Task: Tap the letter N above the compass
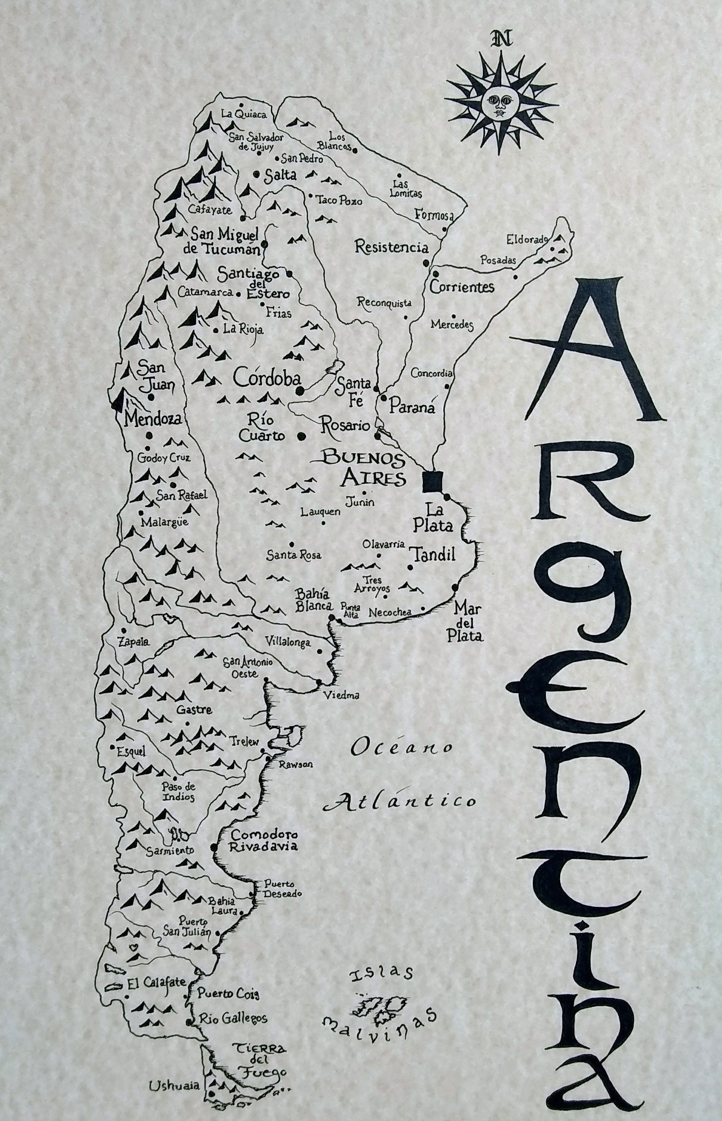pos(501,39)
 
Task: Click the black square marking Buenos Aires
pos(432,482)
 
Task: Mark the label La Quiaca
pos(243,114)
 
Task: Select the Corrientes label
pos(462,286)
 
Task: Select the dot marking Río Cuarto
pos(302,436)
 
